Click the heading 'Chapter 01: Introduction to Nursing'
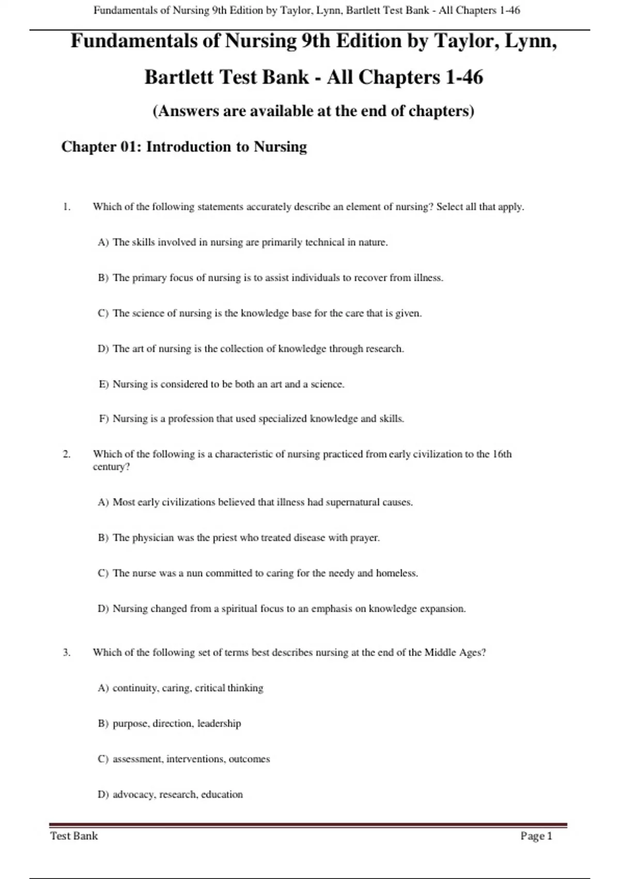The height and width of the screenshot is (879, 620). coord(184,147)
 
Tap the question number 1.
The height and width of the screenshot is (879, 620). coord(67,207)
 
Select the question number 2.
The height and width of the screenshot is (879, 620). coord(67,454)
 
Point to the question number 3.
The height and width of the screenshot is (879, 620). coord(67,653)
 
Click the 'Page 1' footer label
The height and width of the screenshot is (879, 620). coord(536,836)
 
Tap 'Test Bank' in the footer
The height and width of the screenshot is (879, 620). coord(74,836)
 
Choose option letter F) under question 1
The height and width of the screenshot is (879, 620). coord(103,419)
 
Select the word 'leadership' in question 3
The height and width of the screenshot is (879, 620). coord(219,723)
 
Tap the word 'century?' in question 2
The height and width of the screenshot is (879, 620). coord(111,467)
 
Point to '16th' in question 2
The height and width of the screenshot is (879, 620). coord(502,454)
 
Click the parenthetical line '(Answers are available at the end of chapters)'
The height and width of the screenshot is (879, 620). coord(314,111)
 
